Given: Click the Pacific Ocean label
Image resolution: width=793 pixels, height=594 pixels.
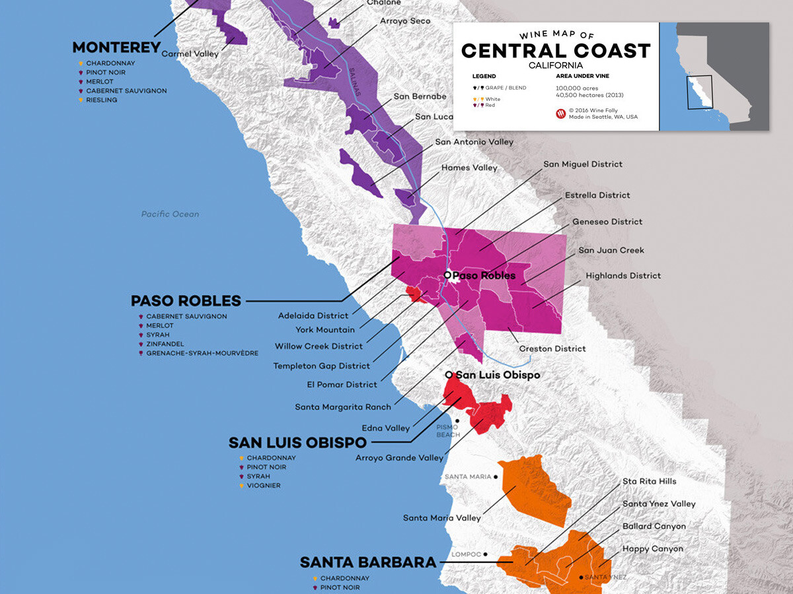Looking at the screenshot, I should point(170,214).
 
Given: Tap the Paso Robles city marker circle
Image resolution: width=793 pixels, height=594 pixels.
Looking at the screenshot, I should point(447,275).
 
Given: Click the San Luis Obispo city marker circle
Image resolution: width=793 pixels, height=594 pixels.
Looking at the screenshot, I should point(449,375).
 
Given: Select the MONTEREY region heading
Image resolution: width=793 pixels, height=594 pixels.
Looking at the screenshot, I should point(116,48).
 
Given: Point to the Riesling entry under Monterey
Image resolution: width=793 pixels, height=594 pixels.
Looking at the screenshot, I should point(101,100).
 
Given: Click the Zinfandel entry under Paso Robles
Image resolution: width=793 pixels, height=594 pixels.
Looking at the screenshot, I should point(165,344).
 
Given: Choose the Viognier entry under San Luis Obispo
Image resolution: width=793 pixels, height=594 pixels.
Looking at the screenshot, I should point(263,486).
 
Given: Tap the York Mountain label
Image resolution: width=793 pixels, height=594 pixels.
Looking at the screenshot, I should point(324,330).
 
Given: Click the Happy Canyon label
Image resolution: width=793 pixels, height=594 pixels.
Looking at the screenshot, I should point(653,549).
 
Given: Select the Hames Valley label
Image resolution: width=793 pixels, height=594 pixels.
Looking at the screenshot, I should point(469,168).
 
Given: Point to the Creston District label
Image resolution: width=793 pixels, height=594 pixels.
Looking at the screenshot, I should point(552,348).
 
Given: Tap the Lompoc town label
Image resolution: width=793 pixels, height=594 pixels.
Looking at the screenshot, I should point(465,554).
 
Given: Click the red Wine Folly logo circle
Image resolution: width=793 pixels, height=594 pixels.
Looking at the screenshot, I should point(561,114).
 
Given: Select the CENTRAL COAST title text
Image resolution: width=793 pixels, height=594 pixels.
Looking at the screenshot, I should point(556,51).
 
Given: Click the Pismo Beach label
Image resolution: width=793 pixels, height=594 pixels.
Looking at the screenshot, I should point(447,430).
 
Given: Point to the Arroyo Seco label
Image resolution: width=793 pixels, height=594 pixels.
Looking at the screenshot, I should point(404,21).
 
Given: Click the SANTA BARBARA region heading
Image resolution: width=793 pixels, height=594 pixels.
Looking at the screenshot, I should point(368,563).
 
